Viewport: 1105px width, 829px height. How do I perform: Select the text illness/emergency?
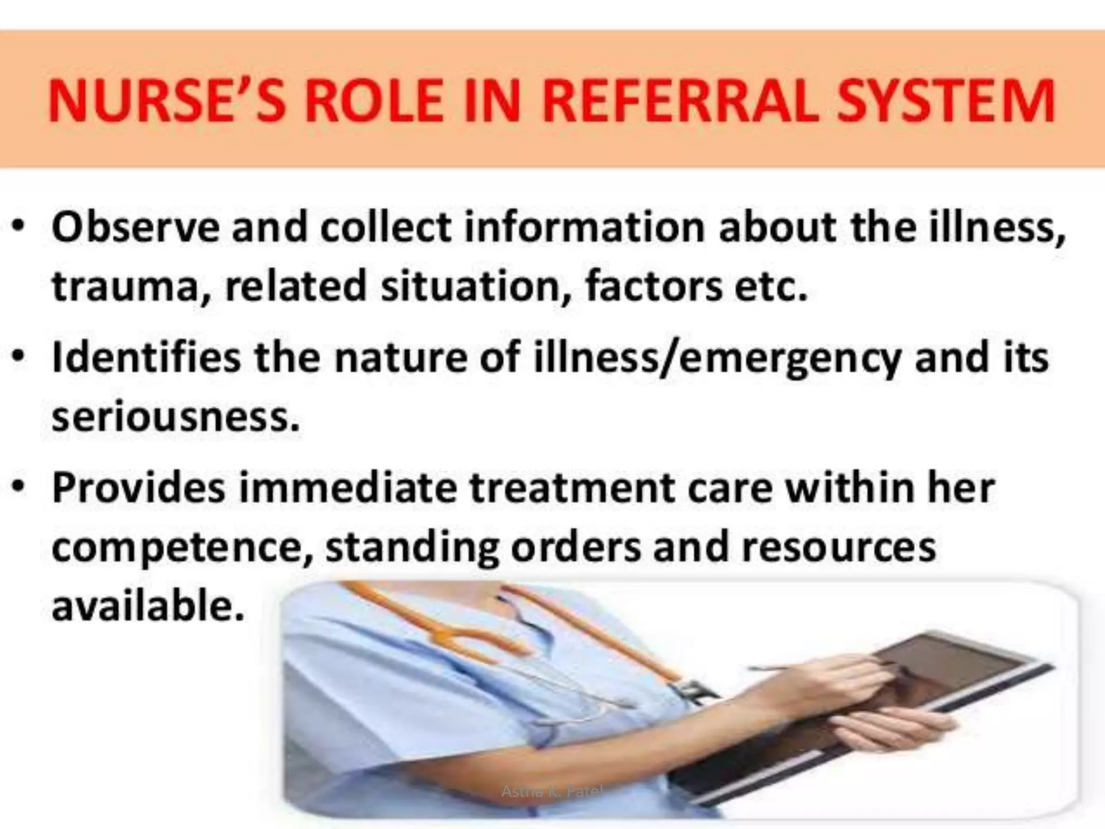tap(718, 359)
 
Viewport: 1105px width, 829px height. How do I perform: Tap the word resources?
tap(838, 547)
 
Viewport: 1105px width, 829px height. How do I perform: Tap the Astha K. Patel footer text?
tap(551, 792)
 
